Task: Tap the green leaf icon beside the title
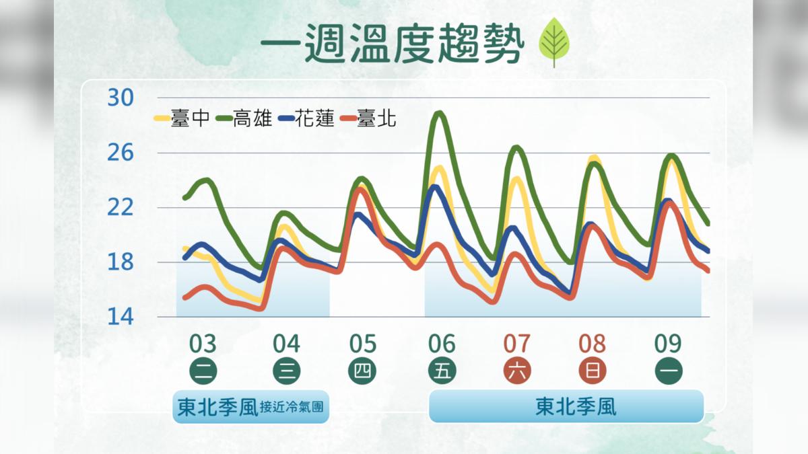[x=554, y=42]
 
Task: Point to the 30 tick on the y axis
[x=121, y=98]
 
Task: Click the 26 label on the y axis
[x=121, y=153]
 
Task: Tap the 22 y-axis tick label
[x=121, y=208]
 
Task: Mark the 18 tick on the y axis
[x=121, y=262]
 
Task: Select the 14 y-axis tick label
[x=121, y=317]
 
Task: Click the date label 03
[x=203, y=344]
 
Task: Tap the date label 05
[x=362, y=344]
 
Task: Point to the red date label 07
[x=517, y=344]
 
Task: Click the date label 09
[x=668, y=344]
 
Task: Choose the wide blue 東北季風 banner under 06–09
[x=566, y=406]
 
